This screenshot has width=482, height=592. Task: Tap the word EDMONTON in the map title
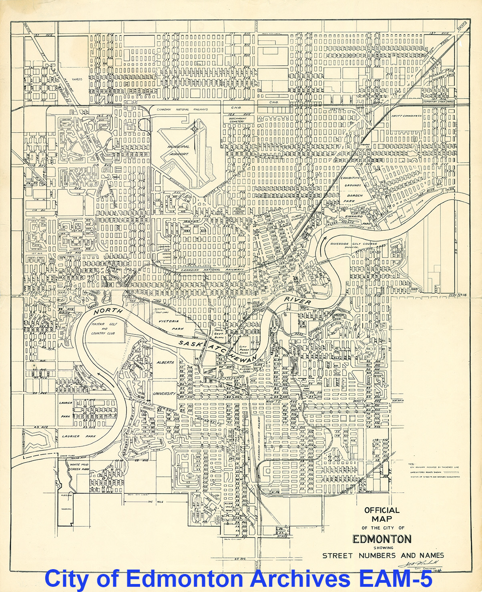point(382,539)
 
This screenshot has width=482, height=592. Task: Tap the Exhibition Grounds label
point(351,181)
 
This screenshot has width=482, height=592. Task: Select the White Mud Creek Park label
point(79,467)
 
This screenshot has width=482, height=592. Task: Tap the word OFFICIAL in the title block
point(382,510)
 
